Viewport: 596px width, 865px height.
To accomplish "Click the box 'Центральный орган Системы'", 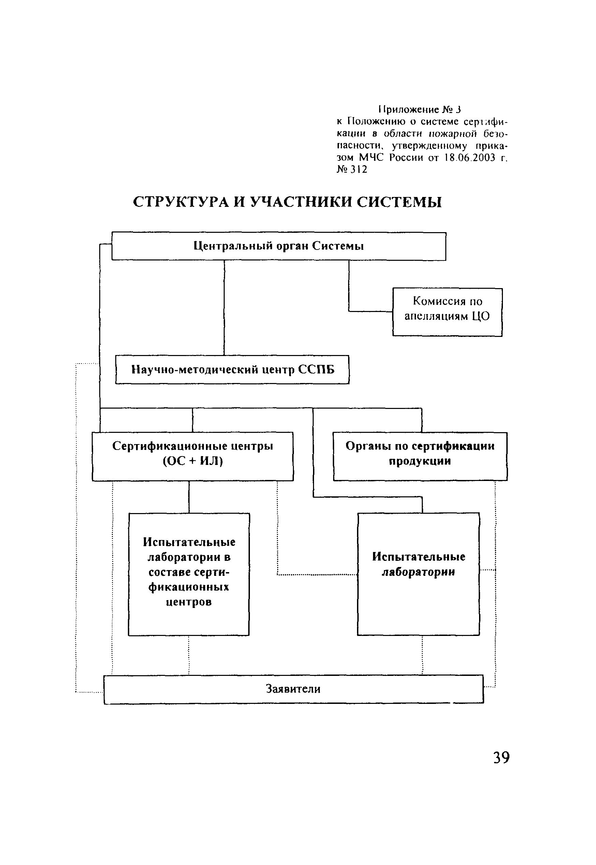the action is pyautogui.click(x=279, y=246).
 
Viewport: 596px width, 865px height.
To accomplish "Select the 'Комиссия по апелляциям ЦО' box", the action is pyautogui.click(x=447, y=312).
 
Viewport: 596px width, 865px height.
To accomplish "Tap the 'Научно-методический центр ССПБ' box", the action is pyautogui.click(x=232, y=369).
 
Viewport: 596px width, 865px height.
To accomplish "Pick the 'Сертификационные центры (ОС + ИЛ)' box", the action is pyautogui.click(x=193, y=456).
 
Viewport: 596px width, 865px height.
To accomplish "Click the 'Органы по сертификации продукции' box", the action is pyautogui.click(x=420, y=456).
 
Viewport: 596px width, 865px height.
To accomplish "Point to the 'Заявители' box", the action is pyautogui.click(x=294, y=689).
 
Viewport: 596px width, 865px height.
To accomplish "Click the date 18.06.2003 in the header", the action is pyautogui.click(x=470, y=158).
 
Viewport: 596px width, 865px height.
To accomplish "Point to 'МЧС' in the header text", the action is pyautogui.click(x=371, y=157).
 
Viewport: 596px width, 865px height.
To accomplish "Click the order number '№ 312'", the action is pyautogui.click(x=352, y=169).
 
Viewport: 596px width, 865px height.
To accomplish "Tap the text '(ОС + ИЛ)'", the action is pyautogui.click(x=193, y=461).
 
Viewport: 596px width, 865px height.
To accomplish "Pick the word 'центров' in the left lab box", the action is pyautogui.click(x=189, y=602).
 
